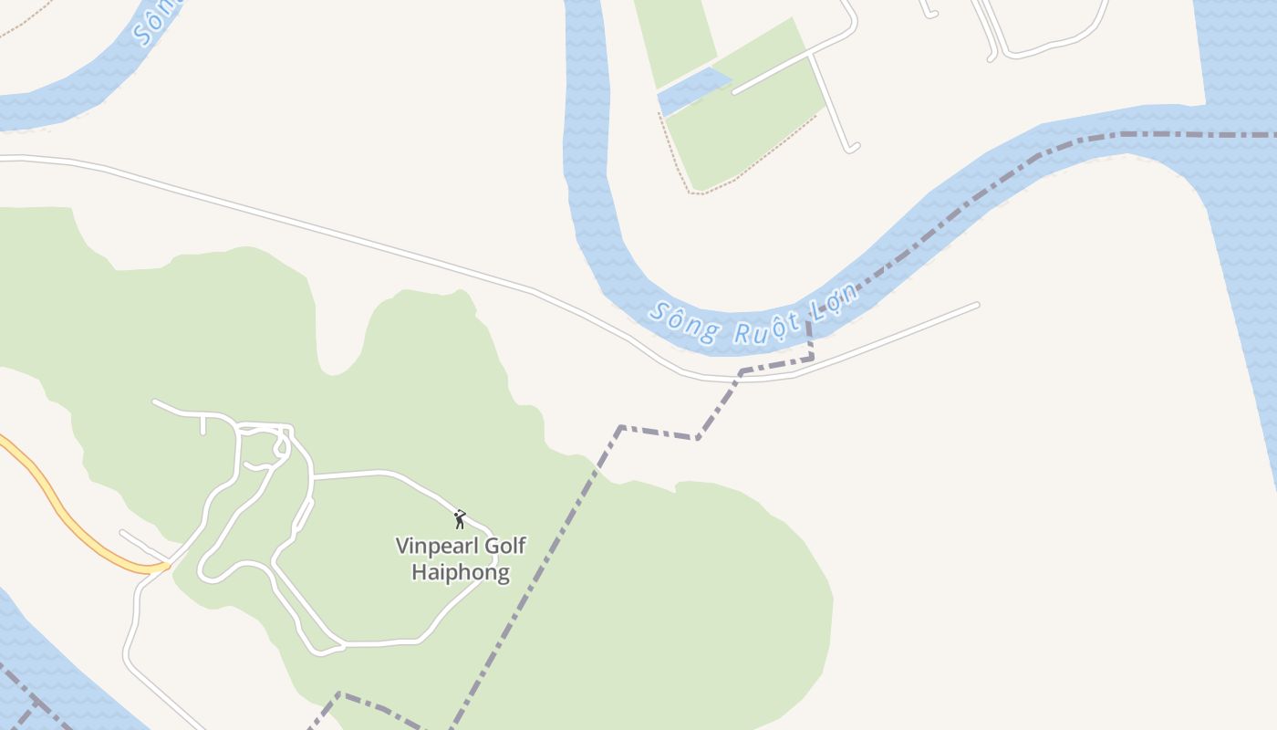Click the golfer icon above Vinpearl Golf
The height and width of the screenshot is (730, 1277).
coord(460,520)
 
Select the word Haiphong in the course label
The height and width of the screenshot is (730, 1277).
coord(460,573)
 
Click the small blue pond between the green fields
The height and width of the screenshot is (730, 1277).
coord(693,90)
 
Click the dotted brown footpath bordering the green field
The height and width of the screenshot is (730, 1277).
coord(748,164)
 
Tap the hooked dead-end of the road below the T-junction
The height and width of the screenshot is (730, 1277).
coord(851,146)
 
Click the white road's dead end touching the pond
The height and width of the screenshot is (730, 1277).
coord(735,91)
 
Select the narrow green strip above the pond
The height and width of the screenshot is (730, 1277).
coord(675,41)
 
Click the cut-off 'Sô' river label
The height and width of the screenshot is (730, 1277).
coord(146,27)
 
